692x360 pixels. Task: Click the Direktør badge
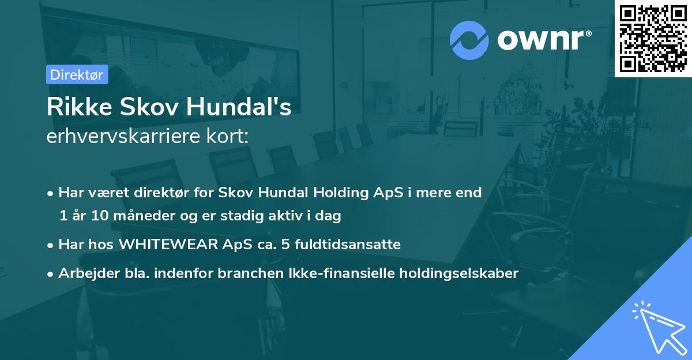pos(77,74)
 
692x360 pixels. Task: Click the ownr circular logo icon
pos(469,40)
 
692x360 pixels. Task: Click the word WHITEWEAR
pos(167,245)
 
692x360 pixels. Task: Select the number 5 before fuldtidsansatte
pos(285,245)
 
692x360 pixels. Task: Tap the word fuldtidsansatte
pos(347,245)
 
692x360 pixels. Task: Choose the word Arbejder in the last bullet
pos(84,273)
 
